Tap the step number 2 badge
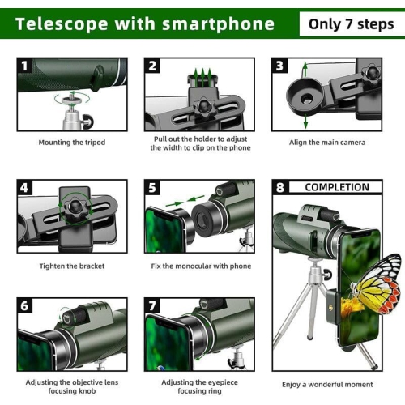pos(152,65)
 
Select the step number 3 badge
pos(279,65)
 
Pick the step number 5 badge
pos(152,187)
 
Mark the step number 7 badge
pos(152,305)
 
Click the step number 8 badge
pos(279,187)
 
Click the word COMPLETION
pos(336,187)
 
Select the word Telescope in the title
pos(59,23)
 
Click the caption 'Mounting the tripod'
pos(72,143)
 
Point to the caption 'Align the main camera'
pos(327,143)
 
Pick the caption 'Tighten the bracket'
pos(72,266)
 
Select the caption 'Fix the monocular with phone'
pos(201,266)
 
